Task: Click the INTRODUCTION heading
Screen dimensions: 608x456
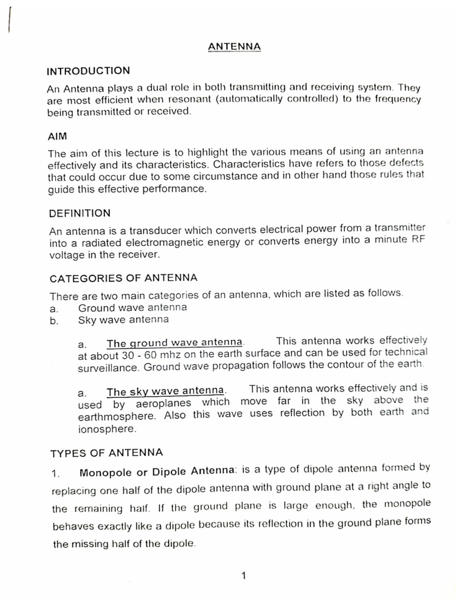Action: click(x=88, y=71)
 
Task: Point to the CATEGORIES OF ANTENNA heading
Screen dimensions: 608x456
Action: click(x=123, y=278)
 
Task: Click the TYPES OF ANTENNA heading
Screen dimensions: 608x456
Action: click(x=106, y=453)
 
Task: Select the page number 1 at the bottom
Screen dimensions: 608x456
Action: click(x=244, y=575)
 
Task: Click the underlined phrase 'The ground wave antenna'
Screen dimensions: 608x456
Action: click(x=175, y=343)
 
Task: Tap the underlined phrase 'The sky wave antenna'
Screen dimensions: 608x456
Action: click(x=166, y=391)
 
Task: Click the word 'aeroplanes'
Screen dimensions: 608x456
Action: click(x=163, y=403)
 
